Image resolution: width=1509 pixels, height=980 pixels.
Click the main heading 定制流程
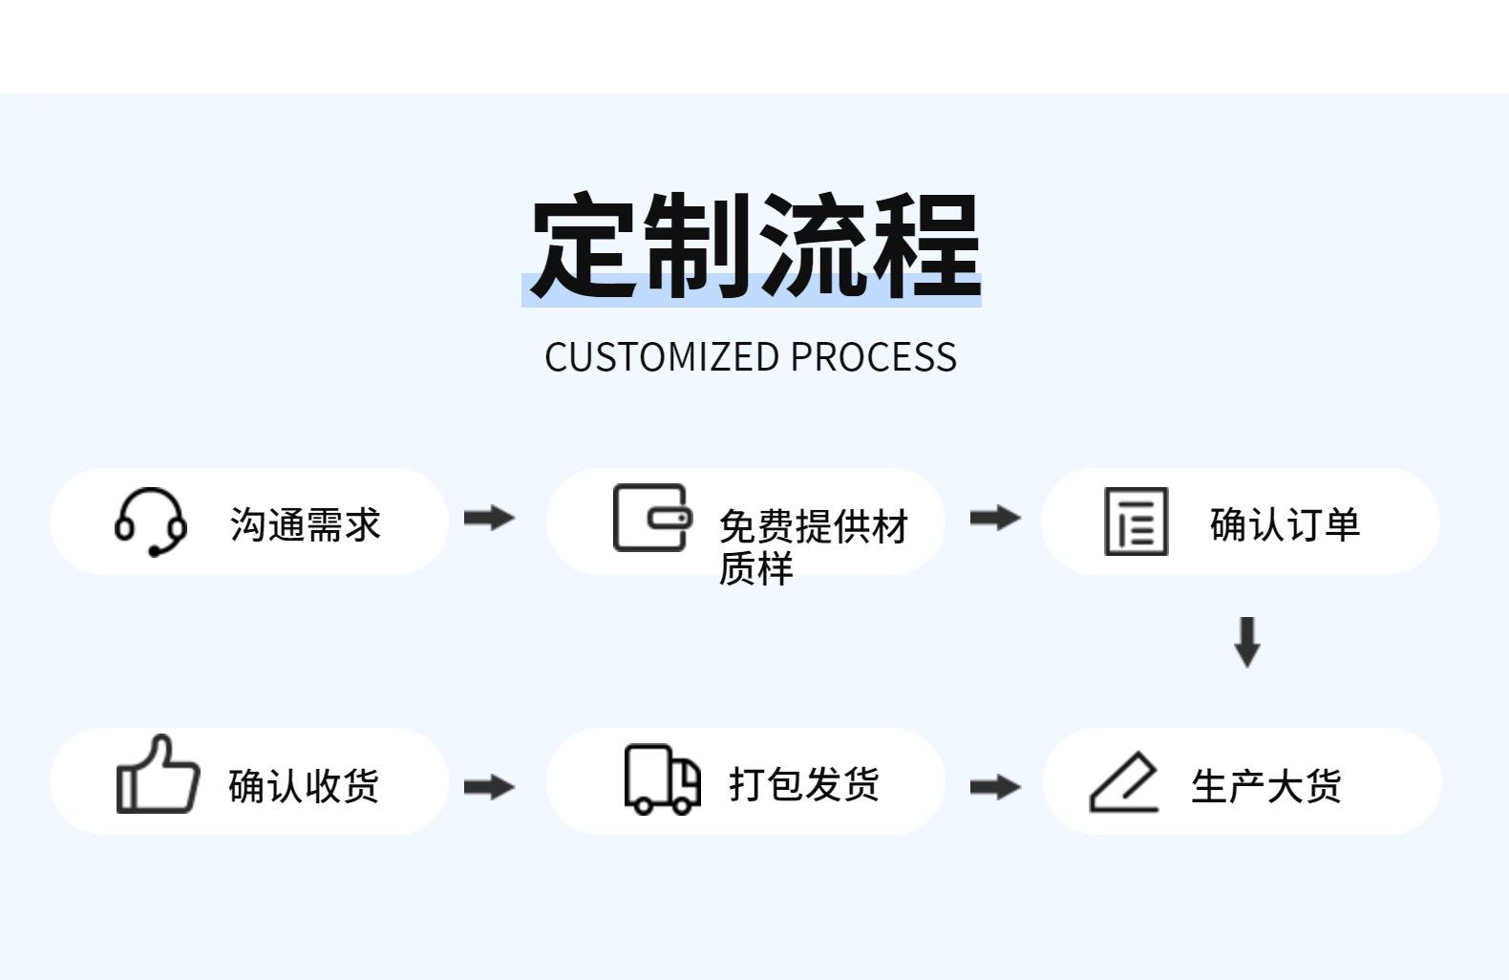(x=754, y=245)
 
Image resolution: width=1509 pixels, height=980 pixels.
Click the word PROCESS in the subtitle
(x=873, y=357)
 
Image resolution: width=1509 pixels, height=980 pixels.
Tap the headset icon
(x=151, y=522)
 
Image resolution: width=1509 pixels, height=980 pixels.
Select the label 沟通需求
(x=305, y=524)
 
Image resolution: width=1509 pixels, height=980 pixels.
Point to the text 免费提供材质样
(x=812, y=545)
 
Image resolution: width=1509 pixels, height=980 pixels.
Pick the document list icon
(x=1136, y=522)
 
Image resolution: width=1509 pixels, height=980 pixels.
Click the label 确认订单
(x=1284, y=524)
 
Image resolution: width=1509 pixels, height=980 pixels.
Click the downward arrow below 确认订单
(x=1247, y=641)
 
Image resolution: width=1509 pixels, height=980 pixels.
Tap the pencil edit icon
(x=1124, y=782)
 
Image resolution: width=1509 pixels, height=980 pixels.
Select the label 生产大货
(x=1265, y=786)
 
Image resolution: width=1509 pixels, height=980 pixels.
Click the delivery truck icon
(x=662, y=779)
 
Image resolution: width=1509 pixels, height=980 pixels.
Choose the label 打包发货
(x=803, y=783)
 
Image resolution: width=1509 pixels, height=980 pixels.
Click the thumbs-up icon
(x=158, y=775)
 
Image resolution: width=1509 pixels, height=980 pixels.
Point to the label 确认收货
(x=304, y=785)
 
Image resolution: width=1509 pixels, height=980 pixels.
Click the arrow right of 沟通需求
(x=489, y=518)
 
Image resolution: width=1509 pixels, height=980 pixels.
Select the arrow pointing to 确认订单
(x=994, y=518)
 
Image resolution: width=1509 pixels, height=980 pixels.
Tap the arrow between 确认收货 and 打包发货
(x=489, y=787)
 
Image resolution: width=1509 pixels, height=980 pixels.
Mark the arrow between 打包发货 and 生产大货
(x=994, y=787)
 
